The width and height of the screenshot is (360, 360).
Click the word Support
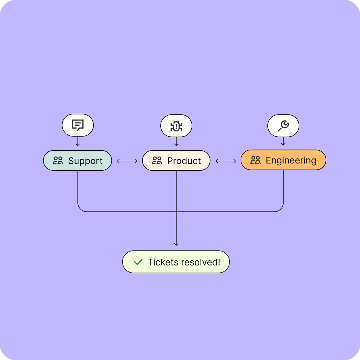pos(85,161)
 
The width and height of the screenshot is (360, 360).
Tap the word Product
pos(184,161)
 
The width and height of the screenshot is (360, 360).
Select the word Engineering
pos(291,160)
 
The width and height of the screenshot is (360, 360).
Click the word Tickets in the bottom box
pos(163,262)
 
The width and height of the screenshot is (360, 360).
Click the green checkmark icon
pos(138,262)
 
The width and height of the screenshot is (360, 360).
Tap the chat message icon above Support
pos(78,125)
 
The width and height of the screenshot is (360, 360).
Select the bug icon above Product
pos(176,126)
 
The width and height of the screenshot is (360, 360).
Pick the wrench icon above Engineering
pos(283,126)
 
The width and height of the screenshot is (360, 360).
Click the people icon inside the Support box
pos(58,161)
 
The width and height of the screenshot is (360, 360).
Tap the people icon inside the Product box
pos(157,161)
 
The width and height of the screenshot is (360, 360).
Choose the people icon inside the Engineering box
pos(256,160)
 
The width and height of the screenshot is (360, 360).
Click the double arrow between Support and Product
pos(127,161)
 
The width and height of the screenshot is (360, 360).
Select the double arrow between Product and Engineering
pos(226,161)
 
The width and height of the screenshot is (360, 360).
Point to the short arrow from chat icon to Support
pos(78,141)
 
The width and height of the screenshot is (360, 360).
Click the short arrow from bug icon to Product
pos(176,142)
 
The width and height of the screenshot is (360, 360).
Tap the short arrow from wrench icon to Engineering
pos(283,141)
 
